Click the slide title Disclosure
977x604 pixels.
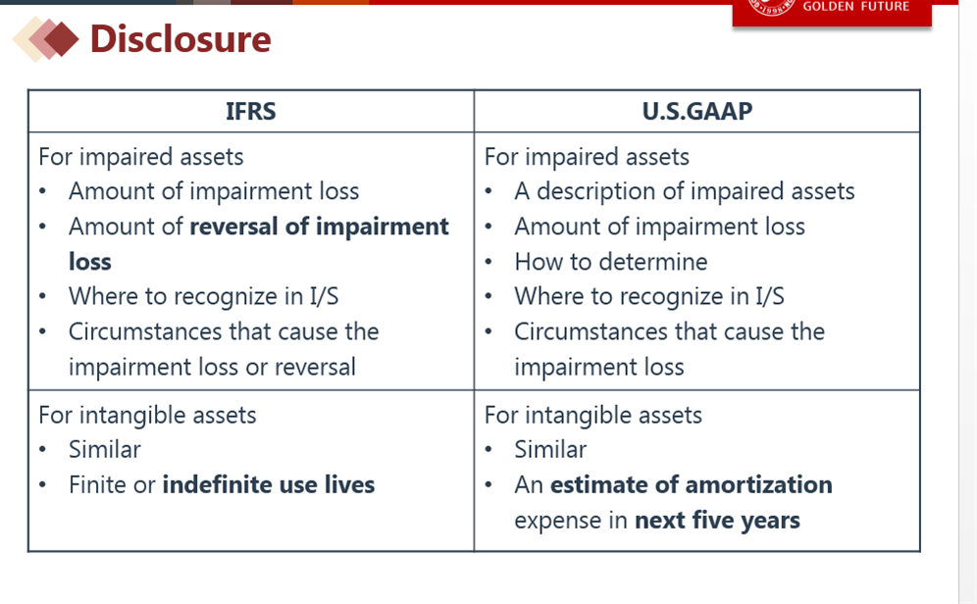(180, 39)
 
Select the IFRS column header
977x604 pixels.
(250, 112)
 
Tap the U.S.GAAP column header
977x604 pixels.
(697, 112)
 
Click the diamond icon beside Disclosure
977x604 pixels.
(45, 39)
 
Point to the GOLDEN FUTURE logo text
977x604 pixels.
(856, 6)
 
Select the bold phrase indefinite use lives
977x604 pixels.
(269, 485)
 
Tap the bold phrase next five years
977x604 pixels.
(717, 521)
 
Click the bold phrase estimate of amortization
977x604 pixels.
(691, 485)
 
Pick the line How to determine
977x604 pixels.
(610, 262)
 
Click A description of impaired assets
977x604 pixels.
(684, 192)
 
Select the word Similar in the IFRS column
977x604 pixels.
(105, 450)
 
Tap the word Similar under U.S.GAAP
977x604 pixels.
(550, 450)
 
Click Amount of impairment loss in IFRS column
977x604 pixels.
(214, 192)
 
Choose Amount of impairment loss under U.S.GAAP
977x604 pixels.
(659, 226)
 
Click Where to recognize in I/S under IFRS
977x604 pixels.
(204, 297)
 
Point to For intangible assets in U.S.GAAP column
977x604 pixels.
(593, 416)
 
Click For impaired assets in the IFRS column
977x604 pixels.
(141, 157)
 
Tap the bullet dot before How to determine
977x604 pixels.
(488, 262)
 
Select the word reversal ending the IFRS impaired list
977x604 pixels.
(315, 368)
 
